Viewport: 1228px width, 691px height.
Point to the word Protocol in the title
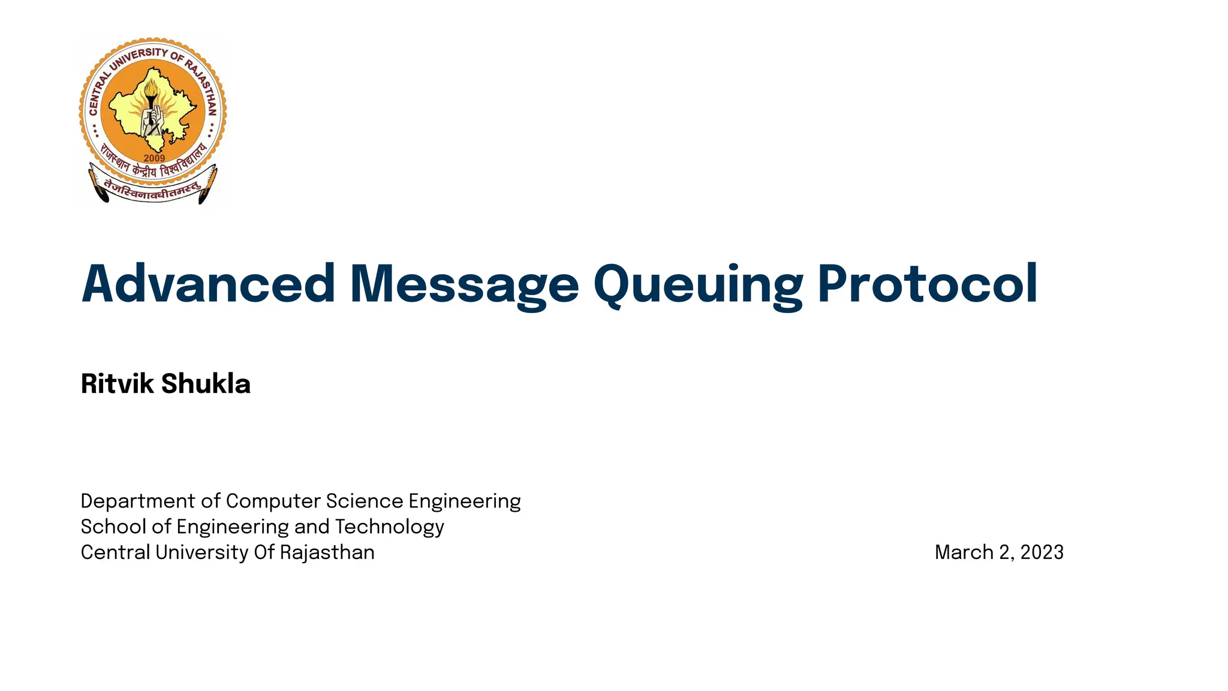point(927,284)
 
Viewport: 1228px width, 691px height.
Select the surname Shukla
point(206,384)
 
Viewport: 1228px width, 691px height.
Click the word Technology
point(389,527)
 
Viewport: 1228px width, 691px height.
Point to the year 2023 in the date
point(1042,552)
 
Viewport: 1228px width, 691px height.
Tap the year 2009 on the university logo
point(154,158)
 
